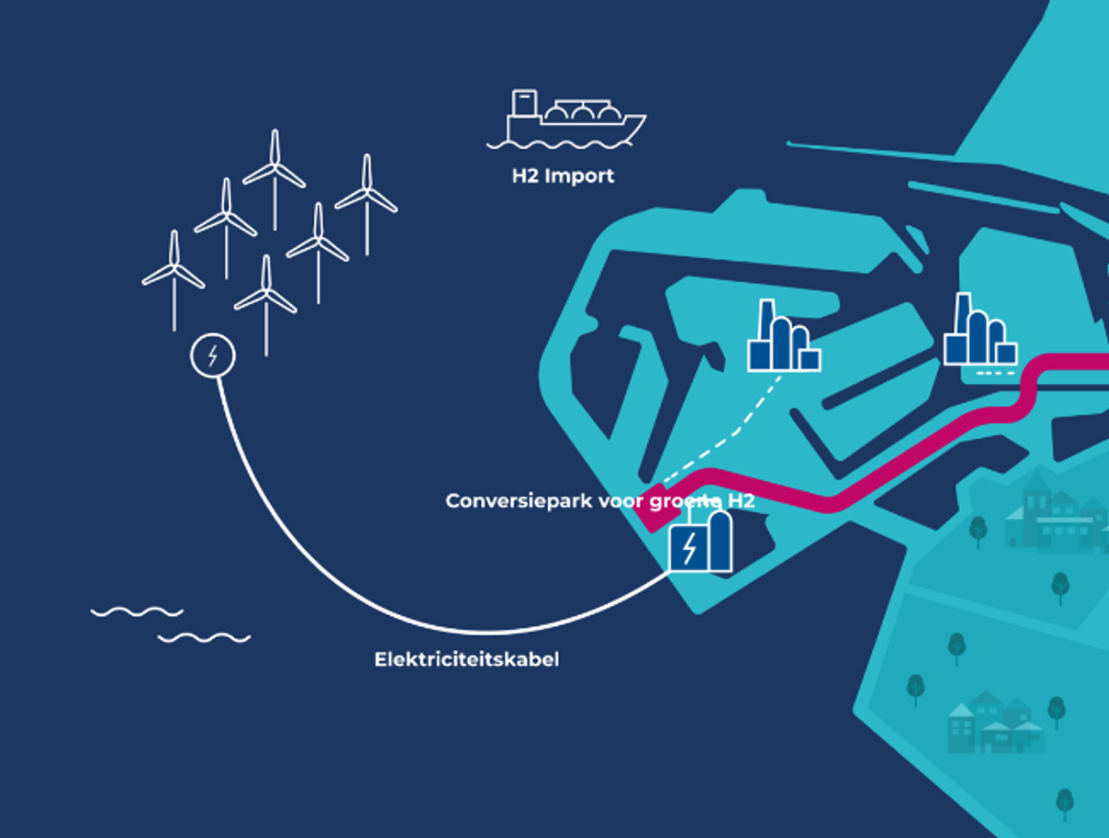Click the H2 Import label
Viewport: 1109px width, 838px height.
[563, 176]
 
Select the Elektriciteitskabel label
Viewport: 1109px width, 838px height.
[466, 659]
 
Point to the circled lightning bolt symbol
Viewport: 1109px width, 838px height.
[213, 356]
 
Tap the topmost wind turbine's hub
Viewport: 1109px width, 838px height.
[274, 165]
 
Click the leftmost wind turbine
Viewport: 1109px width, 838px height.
[174, 271]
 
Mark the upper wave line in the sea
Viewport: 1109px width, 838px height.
[137, 611]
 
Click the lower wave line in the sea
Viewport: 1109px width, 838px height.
[204, 638]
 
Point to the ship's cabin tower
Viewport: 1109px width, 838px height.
[524, 103]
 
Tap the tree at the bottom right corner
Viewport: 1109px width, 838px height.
[1065, 802]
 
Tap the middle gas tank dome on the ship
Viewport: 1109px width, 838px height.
[582, 114]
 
